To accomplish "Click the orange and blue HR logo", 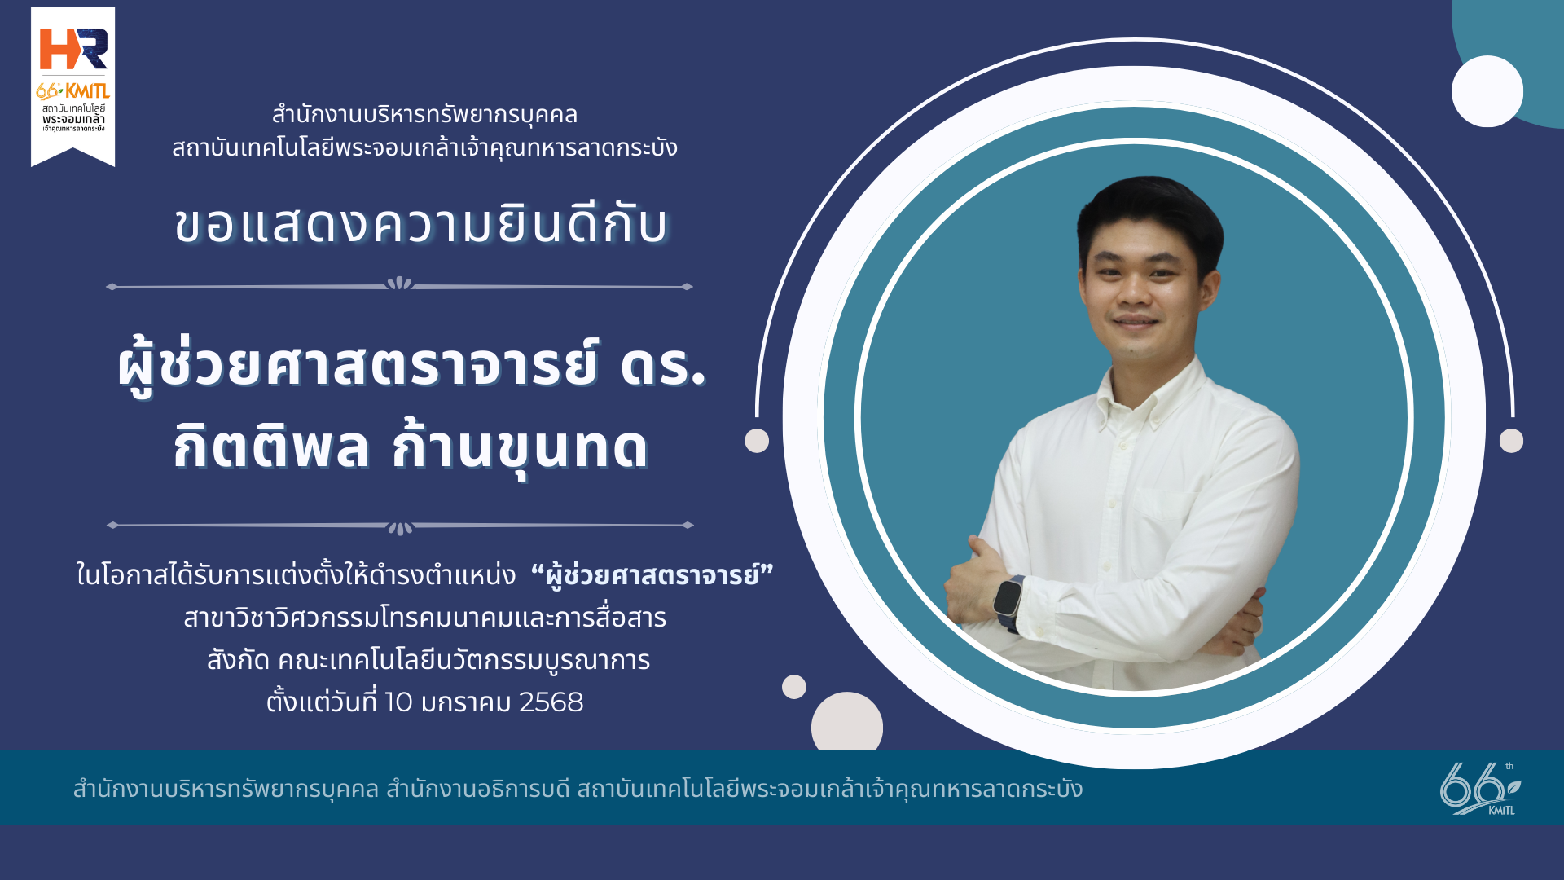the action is [x=73, y=49].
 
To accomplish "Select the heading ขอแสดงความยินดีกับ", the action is [x=421, y=225].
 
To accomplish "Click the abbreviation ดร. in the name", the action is [x=662, y=364].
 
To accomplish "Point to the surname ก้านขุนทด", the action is [x=520, y=445].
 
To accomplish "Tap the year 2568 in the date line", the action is [x=551, y=702].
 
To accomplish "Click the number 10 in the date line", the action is [x=398, y=702].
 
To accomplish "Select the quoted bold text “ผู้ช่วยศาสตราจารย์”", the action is [x=652, y=574].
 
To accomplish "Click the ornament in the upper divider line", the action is [x=399, y=284].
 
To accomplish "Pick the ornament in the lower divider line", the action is [x=400, y=527].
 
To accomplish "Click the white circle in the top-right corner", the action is [x=1487, y=91].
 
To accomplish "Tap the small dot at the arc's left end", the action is [x=757, y=441].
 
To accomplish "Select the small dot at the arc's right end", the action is [x=1511, y=441].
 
